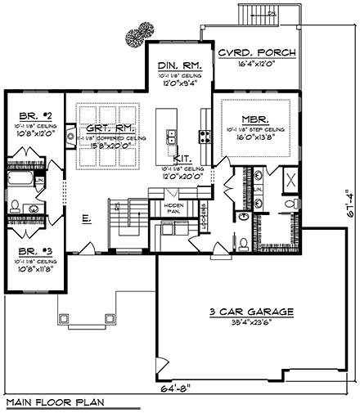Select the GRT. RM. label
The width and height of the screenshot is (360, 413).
[115, 128]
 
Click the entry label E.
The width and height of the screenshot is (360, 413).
[86, 220]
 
